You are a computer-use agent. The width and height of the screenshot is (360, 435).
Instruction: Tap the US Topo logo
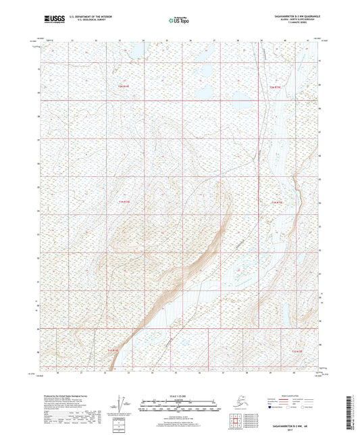point(176,20)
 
